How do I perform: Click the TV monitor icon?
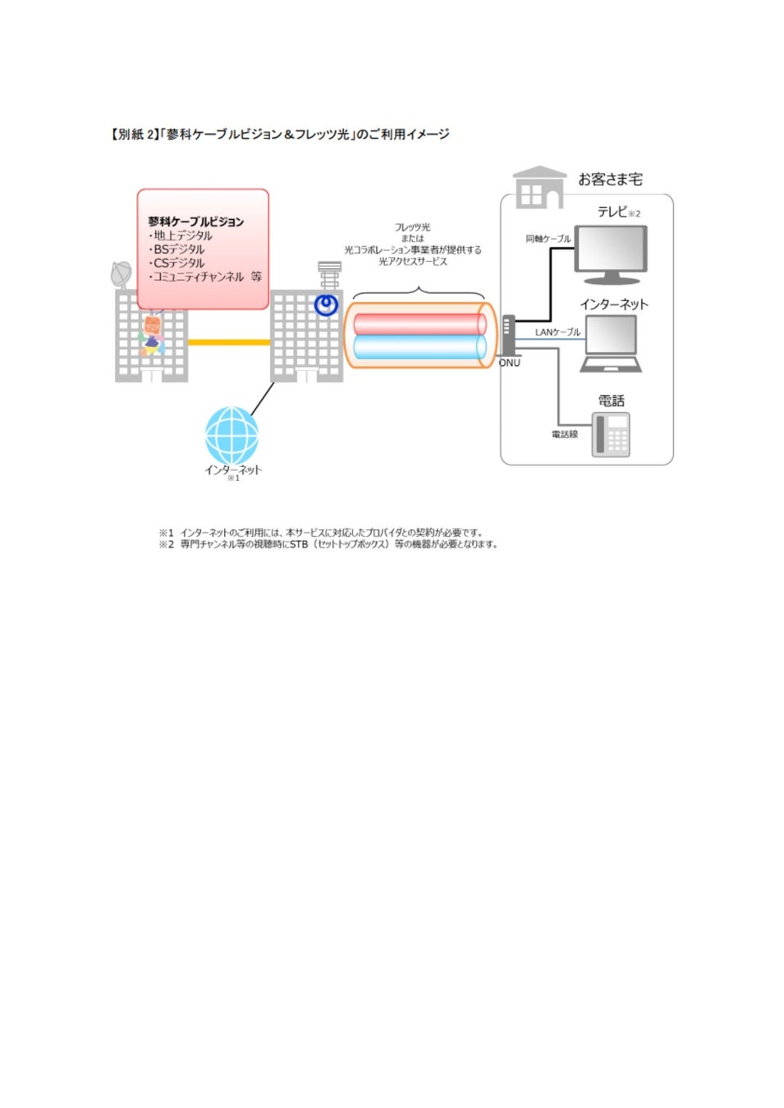(610, 253)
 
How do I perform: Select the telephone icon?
(612, 434)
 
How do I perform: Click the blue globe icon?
(232, 435)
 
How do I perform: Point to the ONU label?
(510, 363)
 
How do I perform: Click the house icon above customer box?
(539, 188)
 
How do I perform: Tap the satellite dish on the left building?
(121, 274)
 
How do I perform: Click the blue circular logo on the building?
(326, 305)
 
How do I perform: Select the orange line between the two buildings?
(229, 341)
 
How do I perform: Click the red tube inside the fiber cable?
(419, 323)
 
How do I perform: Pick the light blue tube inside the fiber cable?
(419, 347)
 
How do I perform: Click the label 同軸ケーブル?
(548, 239)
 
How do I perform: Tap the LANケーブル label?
(557, 332)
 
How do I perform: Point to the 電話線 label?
(564, 434)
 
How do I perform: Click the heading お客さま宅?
(610, 179)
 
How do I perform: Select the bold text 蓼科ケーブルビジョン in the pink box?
(195, 222)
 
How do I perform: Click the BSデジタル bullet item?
(177, 250)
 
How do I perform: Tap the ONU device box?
(508, 335)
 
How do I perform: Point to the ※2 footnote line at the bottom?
(328, 544)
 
